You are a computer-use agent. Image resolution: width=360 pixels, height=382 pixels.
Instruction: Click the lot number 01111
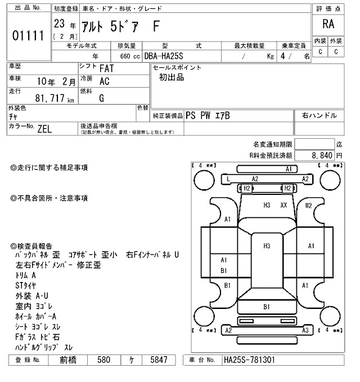point(28,36)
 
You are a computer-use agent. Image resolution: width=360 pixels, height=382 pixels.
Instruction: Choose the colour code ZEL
point(44,129)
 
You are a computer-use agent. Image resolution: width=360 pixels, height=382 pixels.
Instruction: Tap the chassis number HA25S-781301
point(249,360)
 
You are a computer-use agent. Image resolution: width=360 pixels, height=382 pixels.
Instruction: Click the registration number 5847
point(156,360)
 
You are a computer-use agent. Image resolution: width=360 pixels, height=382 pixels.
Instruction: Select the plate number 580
point(103,360)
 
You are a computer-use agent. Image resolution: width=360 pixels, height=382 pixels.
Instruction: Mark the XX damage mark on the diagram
point(283,205)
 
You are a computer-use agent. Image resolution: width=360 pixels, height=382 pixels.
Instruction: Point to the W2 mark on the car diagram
point(308,205)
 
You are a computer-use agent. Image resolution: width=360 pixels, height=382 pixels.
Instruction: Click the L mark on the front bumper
point(228,179)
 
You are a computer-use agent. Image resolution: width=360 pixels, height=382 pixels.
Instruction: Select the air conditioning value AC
point(104,81)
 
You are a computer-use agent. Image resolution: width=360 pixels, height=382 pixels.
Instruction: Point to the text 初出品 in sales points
point(172,78)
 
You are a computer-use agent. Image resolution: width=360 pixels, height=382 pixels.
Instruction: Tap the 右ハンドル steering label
point(319,115)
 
